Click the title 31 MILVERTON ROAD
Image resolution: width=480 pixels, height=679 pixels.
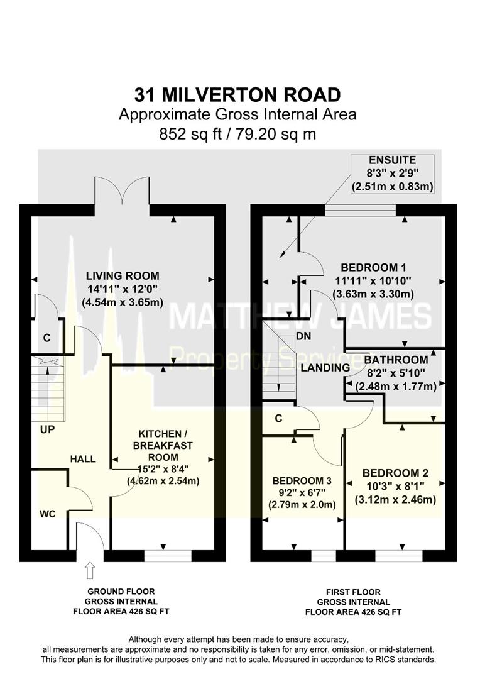coord(237,94)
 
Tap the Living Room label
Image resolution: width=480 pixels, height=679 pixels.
coord(123,289)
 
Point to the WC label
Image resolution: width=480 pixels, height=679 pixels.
coord(48,514)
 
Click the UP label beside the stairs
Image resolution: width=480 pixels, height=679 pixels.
coord(47,429)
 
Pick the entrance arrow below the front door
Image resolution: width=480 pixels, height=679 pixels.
coord(90,571)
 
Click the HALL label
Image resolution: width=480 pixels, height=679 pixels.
coord(83,459)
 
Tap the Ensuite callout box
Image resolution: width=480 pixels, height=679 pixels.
coord(392,174)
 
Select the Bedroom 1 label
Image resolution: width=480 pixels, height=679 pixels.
coord(373,280)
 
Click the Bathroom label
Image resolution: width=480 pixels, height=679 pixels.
coord(396,372)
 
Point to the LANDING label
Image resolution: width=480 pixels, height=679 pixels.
coord(325,368)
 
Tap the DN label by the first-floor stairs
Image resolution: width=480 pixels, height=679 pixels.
coord(303,336)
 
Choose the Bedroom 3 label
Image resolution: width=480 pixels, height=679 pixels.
coord(302,492)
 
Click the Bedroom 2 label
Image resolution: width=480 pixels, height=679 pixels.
coord(395,486)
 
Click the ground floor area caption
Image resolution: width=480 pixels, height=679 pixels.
coord(121,602)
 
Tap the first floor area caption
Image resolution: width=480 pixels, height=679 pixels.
coord(354,602)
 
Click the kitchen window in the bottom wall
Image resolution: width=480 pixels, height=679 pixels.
coord(168,556)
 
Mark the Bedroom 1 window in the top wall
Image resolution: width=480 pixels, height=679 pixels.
coord(360,210)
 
